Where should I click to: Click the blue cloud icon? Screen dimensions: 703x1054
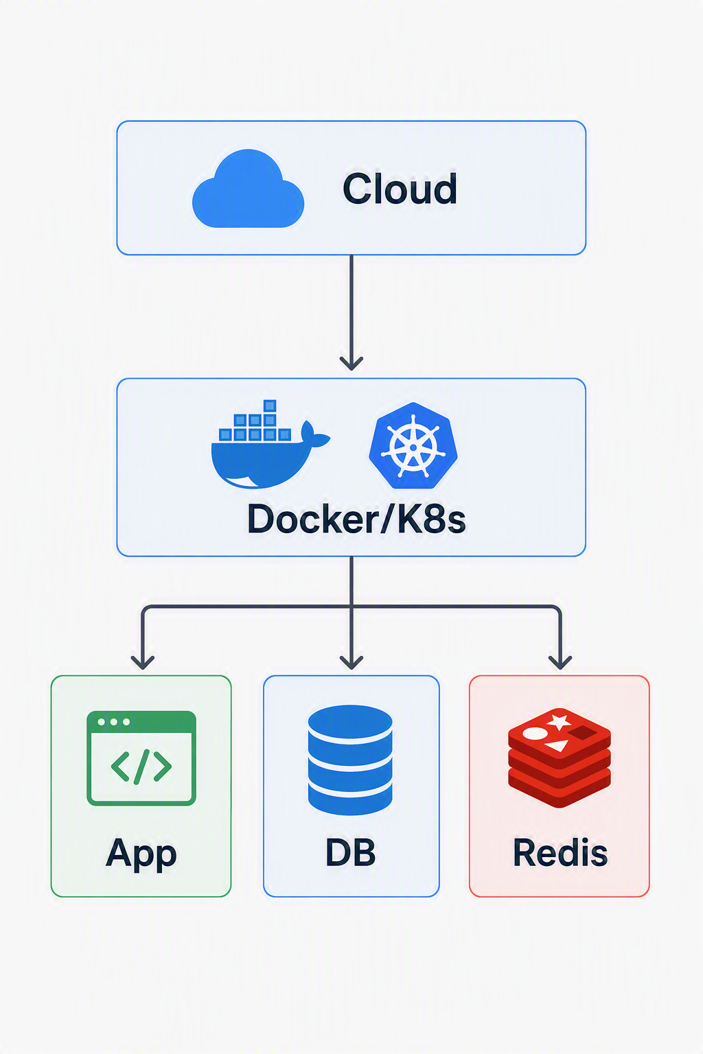coord(248,189)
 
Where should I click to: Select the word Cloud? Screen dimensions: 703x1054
coord(400,189)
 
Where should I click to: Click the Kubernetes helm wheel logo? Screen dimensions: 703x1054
coord(413,445)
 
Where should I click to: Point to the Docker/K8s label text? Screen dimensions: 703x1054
coord(356,519)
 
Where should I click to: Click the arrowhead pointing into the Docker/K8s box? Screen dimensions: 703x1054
coord(351,363)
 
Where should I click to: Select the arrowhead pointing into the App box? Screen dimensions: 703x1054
coord(143,662)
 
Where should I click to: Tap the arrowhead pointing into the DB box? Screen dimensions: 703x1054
coord(351,662)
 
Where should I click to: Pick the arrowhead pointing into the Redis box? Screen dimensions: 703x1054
coord(560,662)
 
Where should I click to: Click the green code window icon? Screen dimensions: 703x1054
coord(141,758)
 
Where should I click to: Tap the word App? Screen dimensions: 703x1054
coord(141,854)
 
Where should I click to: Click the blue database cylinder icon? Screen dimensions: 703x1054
coord(350,760)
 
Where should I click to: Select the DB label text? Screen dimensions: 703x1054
coord(351,852)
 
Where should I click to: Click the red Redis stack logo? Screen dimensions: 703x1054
coord(560,758)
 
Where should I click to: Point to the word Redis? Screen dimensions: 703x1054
coord(560,852)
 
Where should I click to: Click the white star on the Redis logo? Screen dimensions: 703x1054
coord(560,722)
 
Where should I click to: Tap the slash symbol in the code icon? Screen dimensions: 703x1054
coord(141,767)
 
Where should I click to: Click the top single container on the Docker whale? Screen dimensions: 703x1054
coord(270,406)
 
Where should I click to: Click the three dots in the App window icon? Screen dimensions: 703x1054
coord(113,722)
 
